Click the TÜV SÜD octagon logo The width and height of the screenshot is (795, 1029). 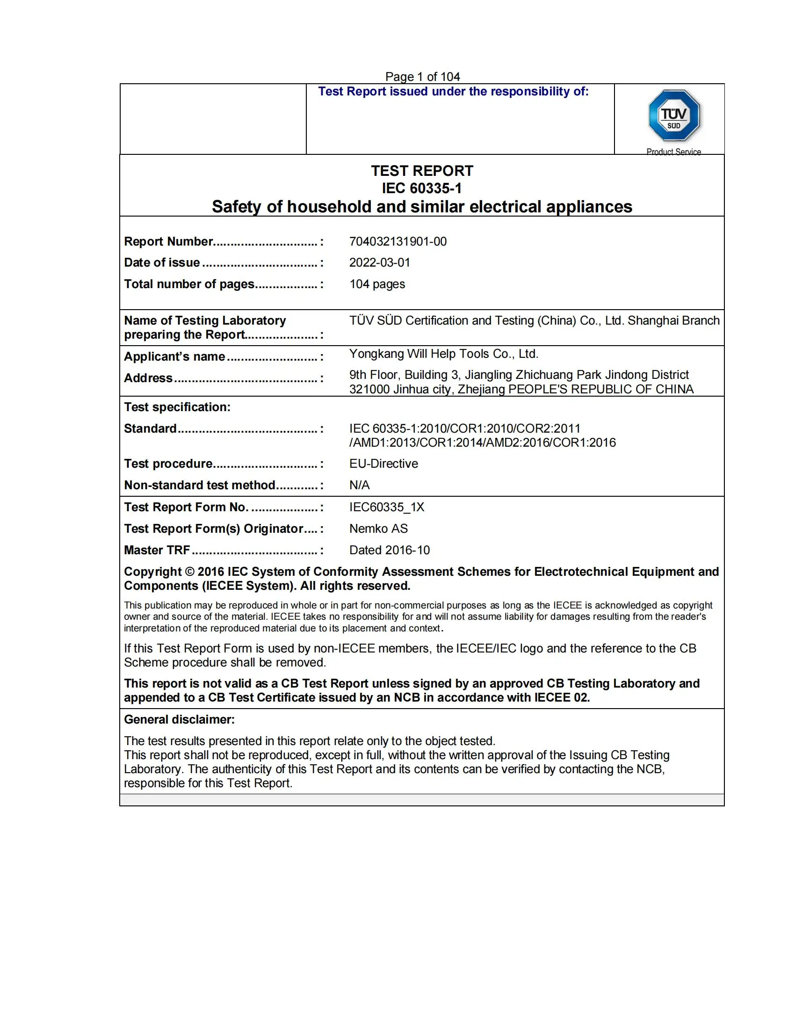click(x=673, y=116)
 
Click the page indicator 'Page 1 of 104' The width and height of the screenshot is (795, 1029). click(x=422, y=76)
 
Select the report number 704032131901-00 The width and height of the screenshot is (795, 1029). click(x=397, y=241)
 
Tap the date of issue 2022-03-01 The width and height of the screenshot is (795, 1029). click(x=380, y=262)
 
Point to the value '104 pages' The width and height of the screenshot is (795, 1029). click(x=377, y=284)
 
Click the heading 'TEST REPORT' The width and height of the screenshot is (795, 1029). click(x=422, y=171)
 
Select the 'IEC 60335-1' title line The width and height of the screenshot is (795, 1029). click(x=422, y=188)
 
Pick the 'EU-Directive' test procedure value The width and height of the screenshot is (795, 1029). click(x=383, y=464)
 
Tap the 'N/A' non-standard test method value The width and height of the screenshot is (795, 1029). click(x=359, y=485)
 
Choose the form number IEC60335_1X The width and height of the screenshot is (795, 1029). click(x=387, y=507)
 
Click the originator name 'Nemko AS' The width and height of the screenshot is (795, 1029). click(x=378, y=529)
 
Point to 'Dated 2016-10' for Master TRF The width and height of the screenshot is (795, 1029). click(x=390, y=550)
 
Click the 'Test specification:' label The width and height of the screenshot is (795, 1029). click(x=177, y=407)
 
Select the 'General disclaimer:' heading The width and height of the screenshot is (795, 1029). click(x=179, y=719)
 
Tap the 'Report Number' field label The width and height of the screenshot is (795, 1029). click(x=169, y=242)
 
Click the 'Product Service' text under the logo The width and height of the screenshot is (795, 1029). click(x=673, y=152)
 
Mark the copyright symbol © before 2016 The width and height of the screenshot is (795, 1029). click(x=189, y=572)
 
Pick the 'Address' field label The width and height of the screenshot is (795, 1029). click(x=148, y=378)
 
